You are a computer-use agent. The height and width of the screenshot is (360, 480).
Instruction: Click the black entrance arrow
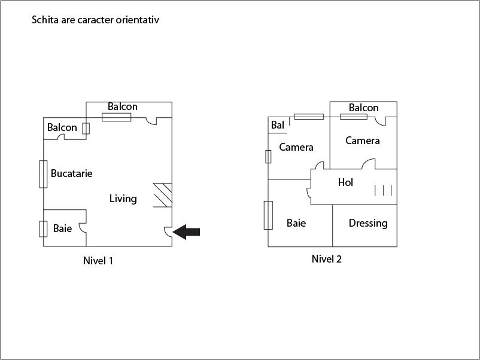tap(187, 232)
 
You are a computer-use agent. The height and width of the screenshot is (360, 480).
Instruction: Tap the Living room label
tap(123, 199)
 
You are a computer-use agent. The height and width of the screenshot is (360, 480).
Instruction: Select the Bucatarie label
tap(71, 173)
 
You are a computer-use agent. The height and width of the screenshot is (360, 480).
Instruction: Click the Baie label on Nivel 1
tap(62, 228)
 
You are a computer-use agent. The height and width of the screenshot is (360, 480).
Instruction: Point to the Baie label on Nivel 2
tap(296, 223)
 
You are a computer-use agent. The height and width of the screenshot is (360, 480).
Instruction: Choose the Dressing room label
tap(368, 223)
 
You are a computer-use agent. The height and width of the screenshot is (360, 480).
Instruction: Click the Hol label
tap(345, 182)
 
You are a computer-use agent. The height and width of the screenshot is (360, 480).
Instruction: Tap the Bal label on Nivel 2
tap(277, 125)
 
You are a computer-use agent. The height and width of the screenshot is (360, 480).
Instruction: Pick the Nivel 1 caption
tap(98, 261)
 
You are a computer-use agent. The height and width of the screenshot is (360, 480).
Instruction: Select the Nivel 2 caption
tap(326, 259)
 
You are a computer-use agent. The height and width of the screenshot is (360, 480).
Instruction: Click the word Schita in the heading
tap(44, 20)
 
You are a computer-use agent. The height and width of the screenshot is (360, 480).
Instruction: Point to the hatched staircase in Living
tap(163, 195)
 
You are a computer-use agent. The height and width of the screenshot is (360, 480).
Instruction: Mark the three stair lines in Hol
tap(383, 191)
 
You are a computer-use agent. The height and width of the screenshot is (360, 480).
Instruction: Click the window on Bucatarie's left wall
tap(43, 174)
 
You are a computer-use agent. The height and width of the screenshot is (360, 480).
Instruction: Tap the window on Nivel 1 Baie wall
tap(43, 229)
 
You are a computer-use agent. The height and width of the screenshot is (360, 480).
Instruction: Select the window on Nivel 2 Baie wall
tap(268, 215)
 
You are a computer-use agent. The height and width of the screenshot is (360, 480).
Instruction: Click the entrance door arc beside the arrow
tap(168, 233)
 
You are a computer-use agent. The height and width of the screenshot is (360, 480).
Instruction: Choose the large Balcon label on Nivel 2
tap(363, 108)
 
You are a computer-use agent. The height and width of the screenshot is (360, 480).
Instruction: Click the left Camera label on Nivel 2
tap(296, 147)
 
